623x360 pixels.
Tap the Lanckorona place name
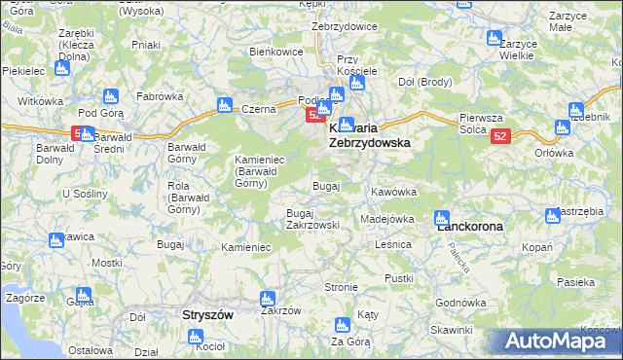point(469,226)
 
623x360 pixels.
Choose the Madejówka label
point(387,219)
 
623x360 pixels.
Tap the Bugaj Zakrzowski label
point(312,219)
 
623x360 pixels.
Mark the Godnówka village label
point(460,303)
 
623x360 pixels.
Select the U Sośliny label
point(84,194)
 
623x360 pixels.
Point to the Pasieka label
point(576,282)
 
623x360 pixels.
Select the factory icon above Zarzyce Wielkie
point(494,38)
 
